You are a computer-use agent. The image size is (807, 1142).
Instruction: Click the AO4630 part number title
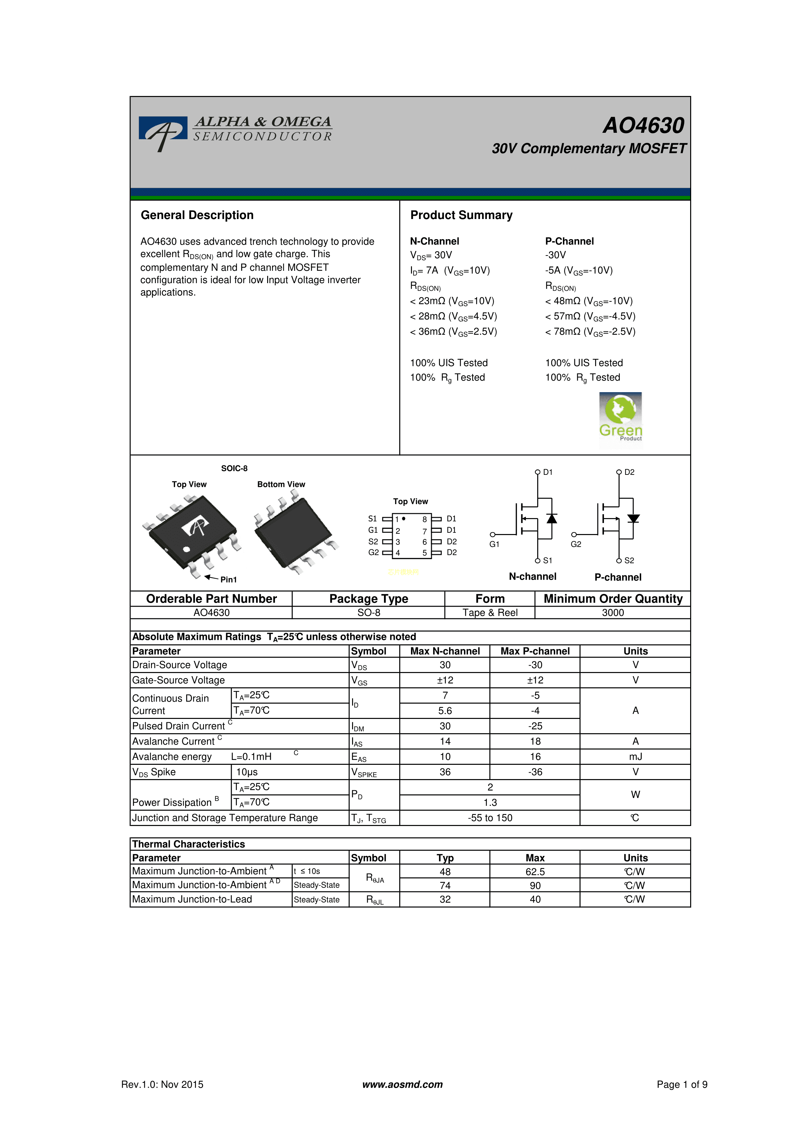[643, 125]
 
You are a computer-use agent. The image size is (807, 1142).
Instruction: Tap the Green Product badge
[621, 419]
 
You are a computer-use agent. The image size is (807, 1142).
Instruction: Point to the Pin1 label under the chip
[228, 579]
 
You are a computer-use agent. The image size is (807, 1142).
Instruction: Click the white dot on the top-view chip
[186, 549]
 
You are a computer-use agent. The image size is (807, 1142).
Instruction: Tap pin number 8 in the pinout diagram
[425, 519]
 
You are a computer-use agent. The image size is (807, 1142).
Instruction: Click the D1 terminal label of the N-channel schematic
[547, 472]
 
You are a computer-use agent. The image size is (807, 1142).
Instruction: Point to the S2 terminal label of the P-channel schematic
[629, 560]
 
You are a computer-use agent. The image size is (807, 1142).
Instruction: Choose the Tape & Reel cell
[490, 613]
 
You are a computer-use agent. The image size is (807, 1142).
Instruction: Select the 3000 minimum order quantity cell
[613, 613]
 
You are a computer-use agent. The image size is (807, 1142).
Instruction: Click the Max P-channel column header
[535, 651]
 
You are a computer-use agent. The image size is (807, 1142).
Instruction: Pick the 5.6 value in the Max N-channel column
[445, 711]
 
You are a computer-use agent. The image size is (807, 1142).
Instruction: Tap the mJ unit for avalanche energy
[636, 757]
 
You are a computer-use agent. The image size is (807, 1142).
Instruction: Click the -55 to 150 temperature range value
[490, 818]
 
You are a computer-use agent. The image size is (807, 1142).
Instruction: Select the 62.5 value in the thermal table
[535, 872]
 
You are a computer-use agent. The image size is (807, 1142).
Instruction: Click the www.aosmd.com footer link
[402, 1084]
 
